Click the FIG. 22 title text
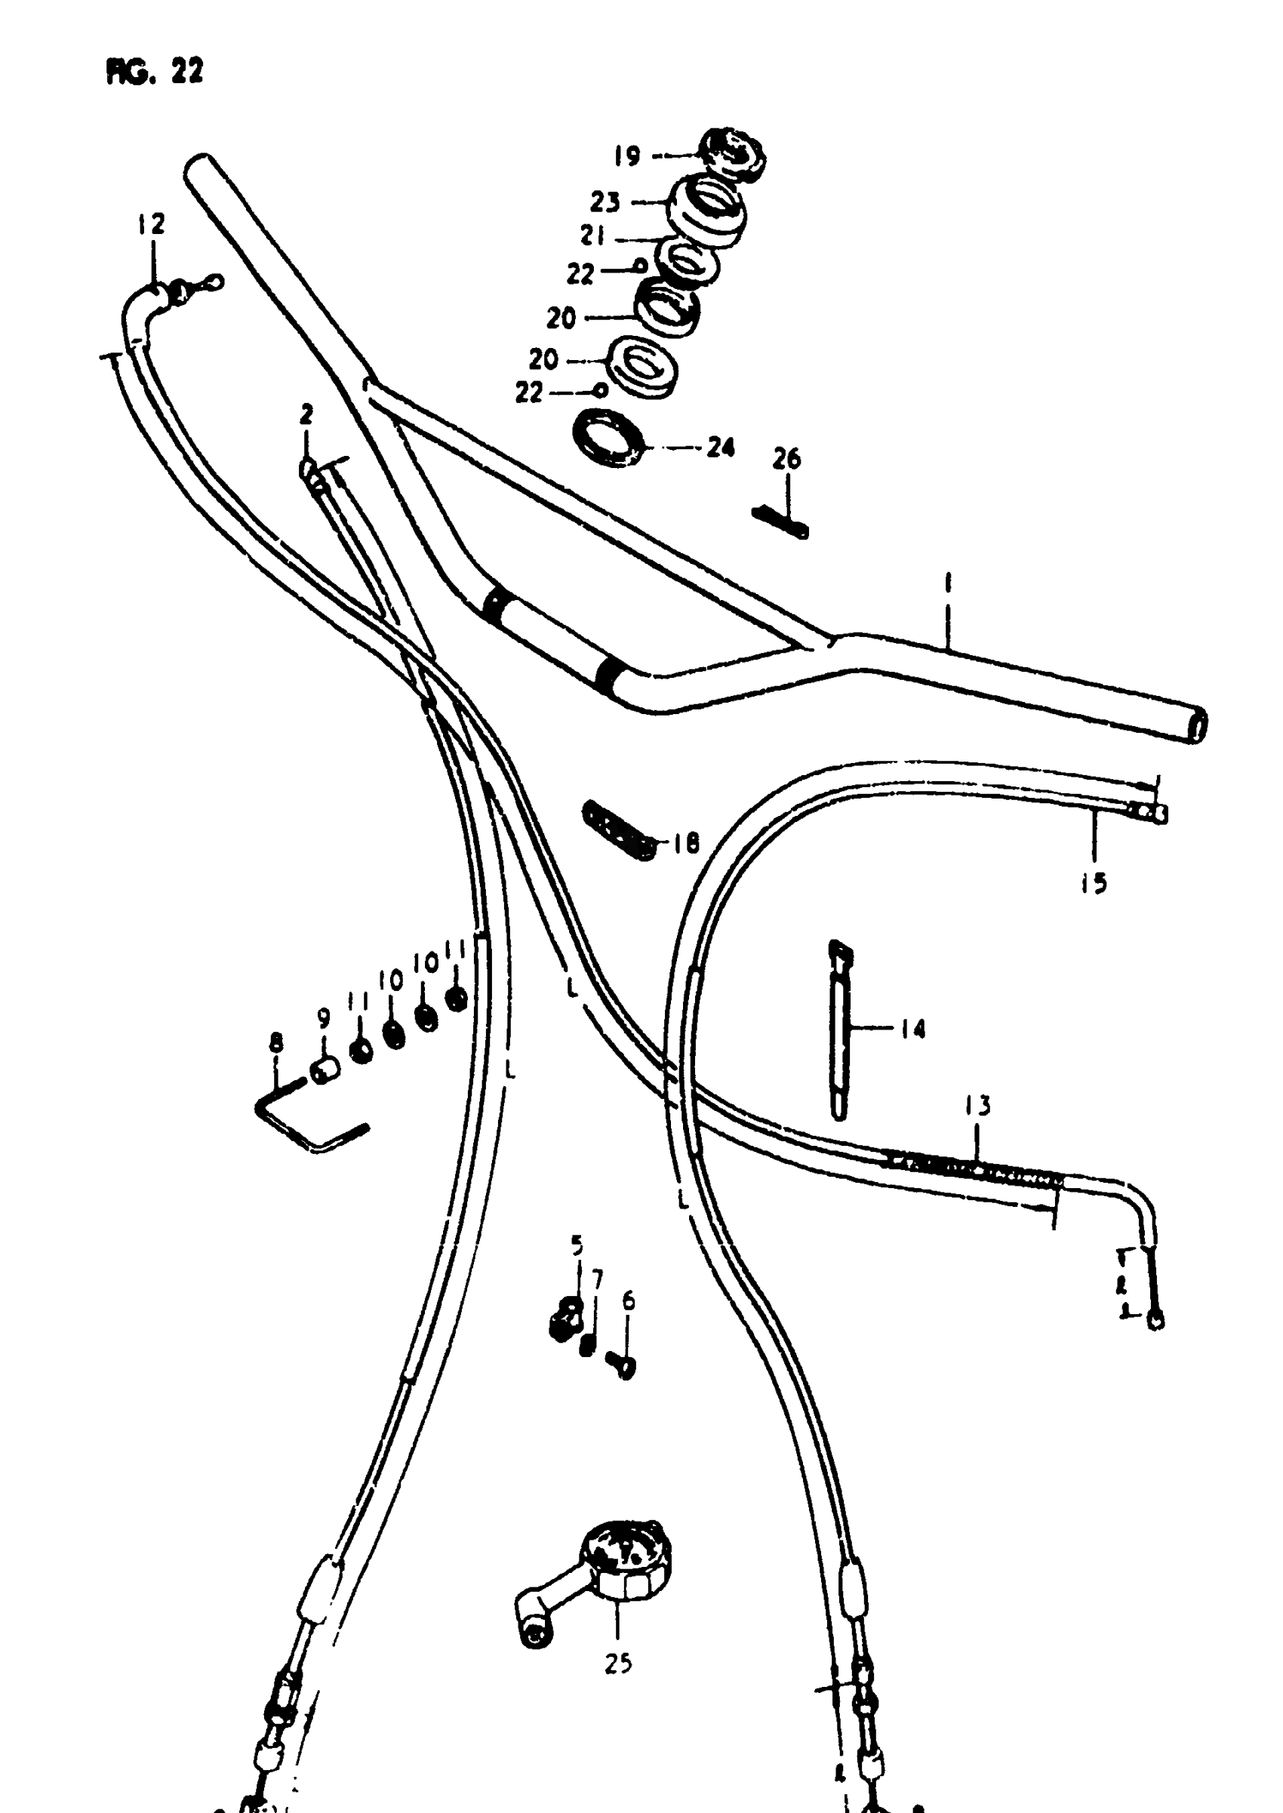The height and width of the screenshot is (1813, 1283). click(154, 72)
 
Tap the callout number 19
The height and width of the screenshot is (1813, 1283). click(627, 156)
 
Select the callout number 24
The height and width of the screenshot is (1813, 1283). click(720, 448)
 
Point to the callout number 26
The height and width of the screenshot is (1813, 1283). click(786, 459)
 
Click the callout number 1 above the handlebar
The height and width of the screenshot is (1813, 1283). click(947, 585)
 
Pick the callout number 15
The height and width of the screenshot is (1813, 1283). click(1094, 883)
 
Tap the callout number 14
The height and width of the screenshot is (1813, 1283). click(912, 1029)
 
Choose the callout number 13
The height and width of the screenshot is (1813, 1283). click(977, 1106)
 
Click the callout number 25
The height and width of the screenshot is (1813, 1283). click(618, 1664)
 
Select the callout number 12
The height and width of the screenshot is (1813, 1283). click(151, 224)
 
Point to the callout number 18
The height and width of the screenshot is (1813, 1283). click(686, 844)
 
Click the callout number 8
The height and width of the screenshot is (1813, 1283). click(275, 1043)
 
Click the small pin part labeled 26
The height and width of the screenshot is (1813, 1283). click(780, 522)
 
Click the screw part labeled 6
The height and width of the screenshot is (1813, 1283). click(622, 1365)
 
